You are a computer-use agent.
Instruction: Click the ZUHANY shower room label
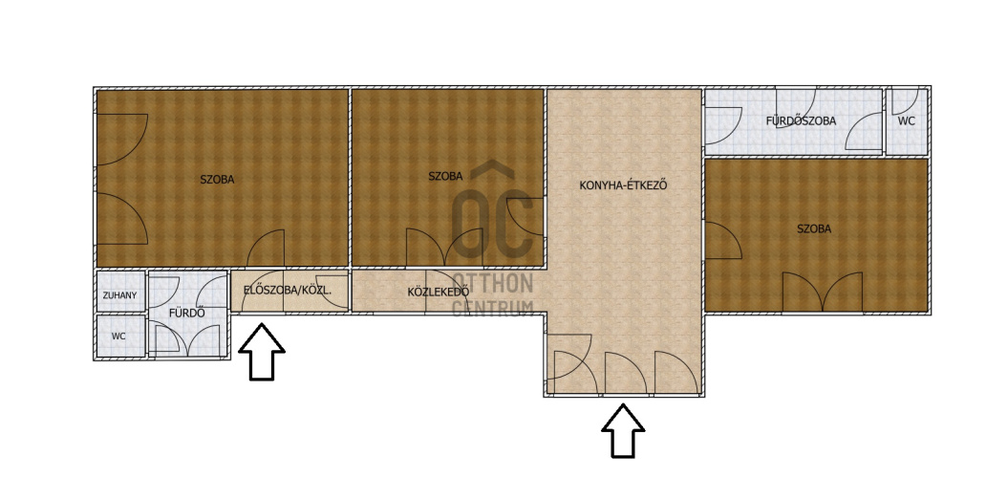coord(119,295)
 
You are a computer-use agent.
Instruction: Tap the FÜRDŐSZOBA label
coord(801,120)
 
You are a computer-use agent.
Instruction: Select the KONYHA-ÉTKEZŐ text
coord(623,186)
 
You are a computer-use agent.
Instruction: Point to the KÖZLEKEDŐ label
coord(439,292)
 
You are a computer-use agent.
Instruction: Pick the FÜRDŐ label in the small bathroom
coord(186,313)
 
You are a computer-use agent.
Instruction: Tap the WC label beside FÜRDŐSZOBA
coord(906,120)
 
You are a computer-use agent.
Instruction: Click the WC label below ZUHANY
coord(118,337)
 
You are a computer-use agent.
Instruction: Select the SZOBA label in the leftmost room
coord(217,180)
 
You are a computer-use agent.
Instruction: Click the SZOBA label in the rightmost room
coord(814,228)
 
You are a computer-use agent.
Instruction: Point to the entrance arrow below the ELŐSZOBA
coord(262,352)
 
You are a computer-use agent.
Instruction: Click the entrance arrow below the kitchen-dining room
coord(623,430)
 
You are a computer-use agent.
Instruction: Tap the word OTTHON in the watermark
coord(493,283)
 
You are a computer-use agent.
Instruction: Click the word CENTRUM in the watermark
coord(493,308)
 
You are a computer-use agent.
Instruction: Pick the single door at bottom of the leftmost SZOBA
coord(266,248)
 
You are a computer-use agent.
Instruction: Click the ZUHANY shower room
coord(120,292)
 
